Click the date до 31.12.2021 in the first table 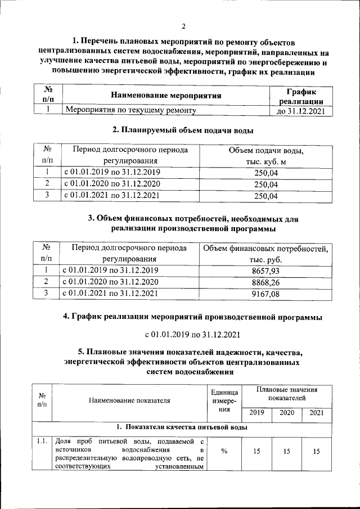pyautogui.click(x=298, y=111)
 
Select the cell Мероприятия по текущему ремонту pyautogui.click(x=130, y=111)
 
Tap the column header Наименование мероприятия pyautogui.click(x=165, y=96)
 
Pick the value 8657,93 pyautogui.click(x=266, y=271)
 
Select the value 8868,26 pyautogui.click(x=266, y=282)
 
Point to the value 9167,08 pyautogui.click(x=266, y=294)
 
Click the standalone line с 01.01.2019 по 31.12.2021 pyautogui.click(x=192, y=335)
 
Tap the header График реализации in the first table pyautogui.click(x=298, y=96)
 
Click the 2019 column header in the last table pyautogui.click(x=256, y=413)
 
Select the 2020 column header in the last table pyautogui.click(x=286, y=413)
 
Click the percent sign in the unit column pyautogui.click(x=224, y=451)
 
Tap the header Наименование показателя pyautogui.click(x=129, y=400)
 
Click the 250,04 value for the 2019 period pyautogui.click(x=266, y=173)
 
